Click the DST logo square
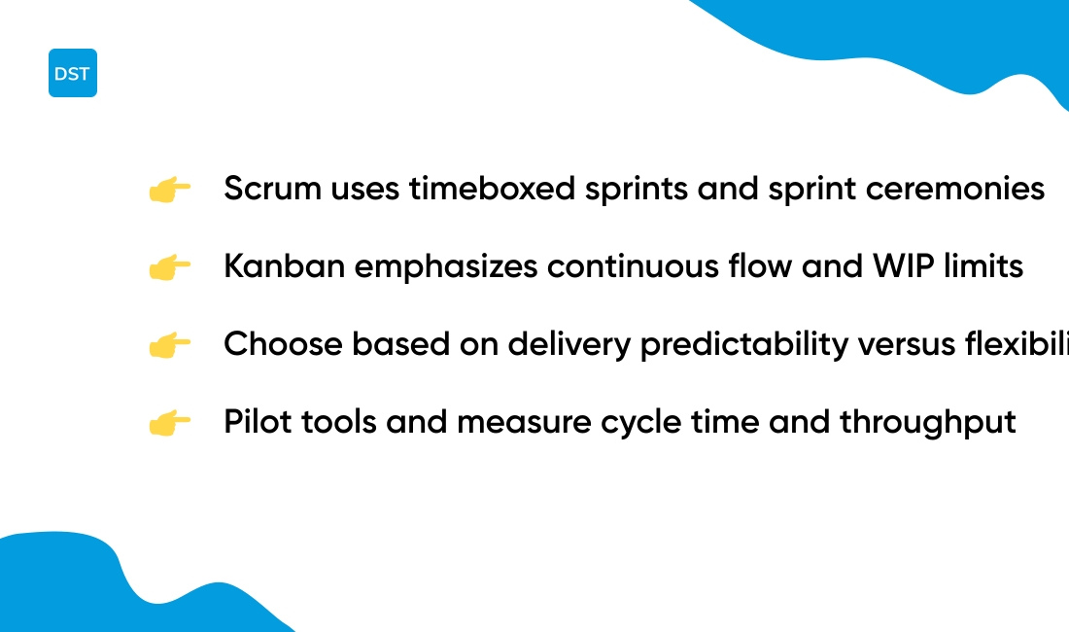pos(73,73)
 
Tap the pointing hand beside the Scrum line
pos(169,190)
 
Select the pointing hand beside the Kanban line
pos(169,267)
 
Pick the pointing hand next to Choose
pos(169,345)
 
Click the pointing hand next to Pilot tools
pos(169,423)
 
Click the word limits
pos(988,266)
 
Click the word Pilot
pos(250,422)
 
